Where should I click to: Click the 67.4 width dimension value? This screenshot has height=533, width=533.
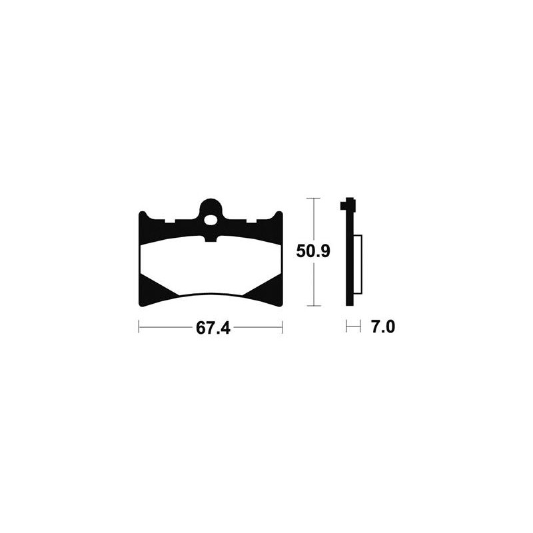coord(213,328)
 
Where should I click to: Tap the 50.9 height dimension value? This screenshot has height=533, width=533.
coord(313,252)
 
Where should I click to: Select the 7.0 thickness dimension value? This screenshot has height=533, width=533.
coord(383,327)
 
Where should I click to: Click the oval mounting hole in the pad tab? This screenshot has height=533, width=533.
coord(211,221)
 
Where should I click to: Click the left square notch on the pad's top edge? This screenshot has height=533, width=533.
coord(170,221)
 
